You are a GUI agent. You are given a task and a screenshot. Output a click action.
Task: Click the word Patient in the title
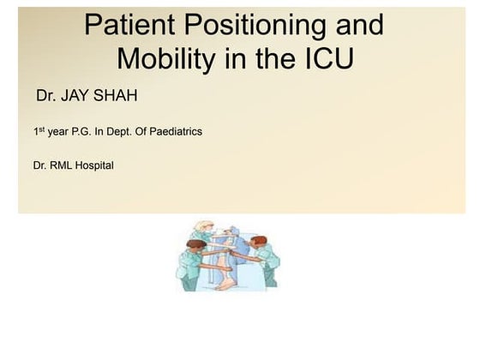131,25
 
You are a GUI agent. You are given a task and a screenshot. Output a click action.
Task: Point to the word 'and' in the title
356,25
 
